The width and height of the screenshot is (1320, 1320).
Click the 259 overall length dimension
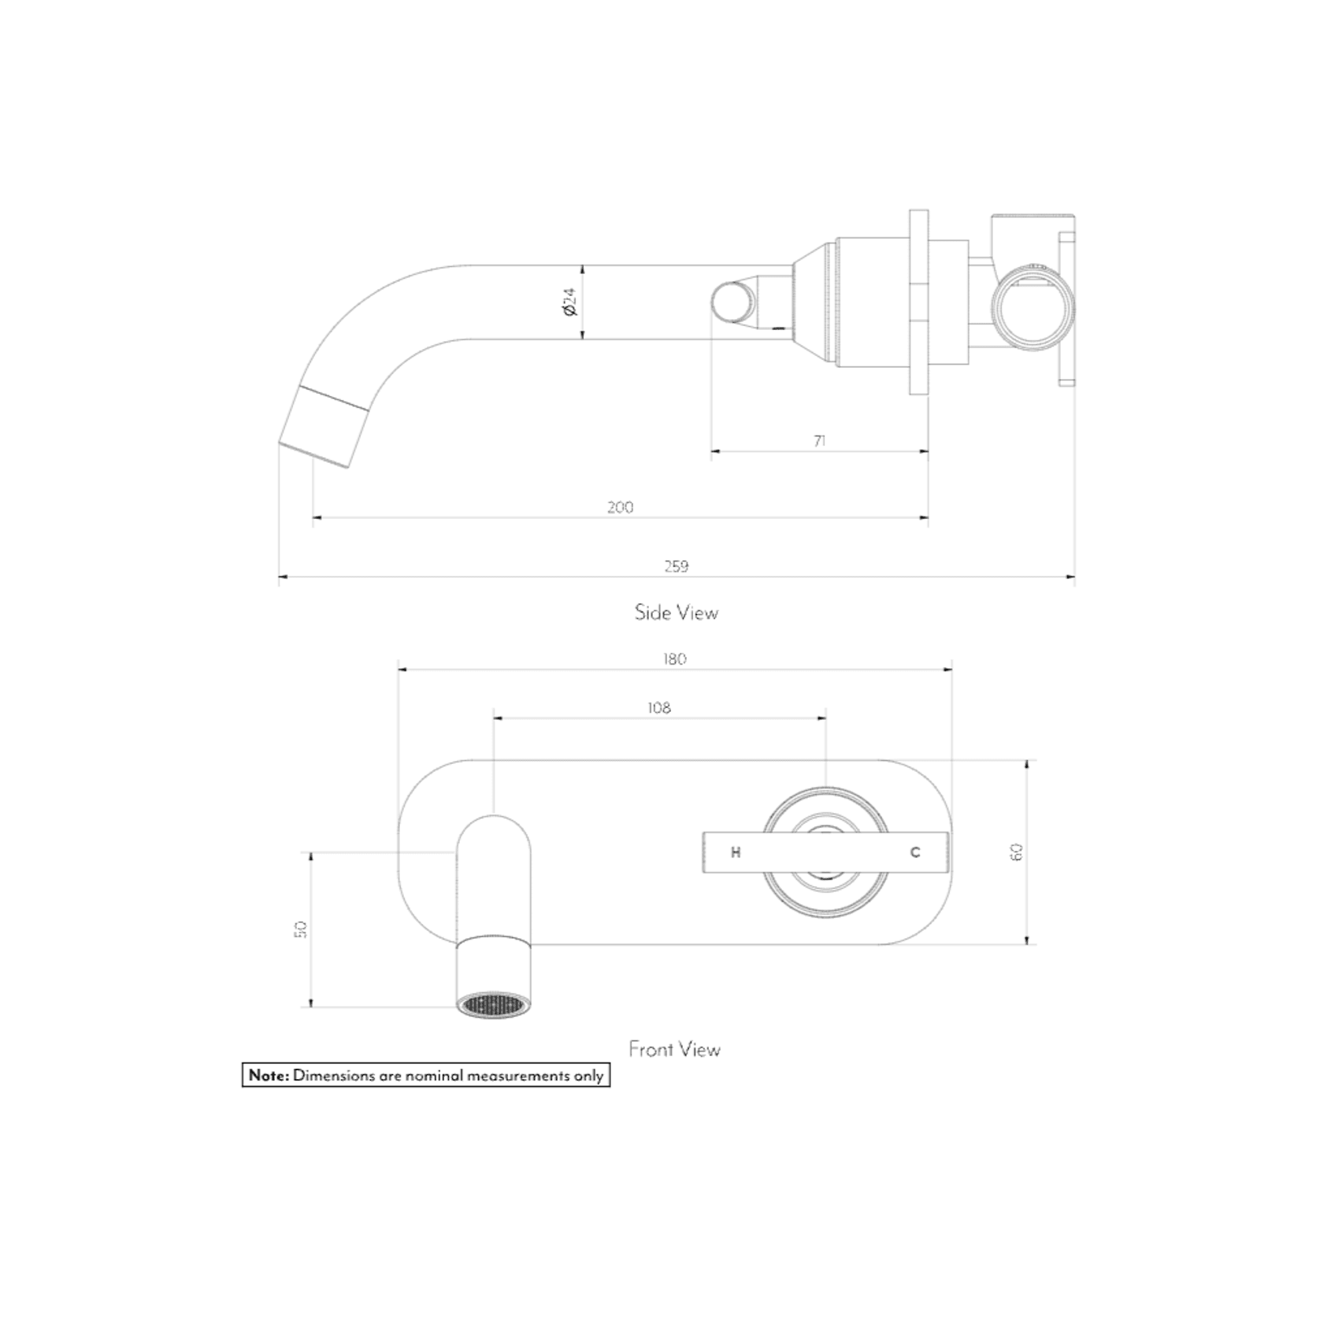(676, 565)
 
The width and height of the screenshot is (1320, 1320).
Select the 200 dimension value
(620, 507)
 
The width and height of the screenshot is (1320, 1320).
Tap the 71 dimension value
(819, 441)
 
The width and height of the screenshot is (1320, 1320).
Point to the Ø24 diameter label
(570, 302)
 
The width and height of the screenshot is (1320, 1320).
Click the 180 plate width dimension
(674, 659)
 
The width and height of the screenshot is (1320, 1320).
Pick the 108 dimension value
(658, 708)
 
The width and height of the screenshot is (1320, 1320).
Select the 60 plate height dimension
(1016, 852)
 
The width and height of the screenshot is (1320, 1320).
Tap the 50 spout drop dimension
(299, 929)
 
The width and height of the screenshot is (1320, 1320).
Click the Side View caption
(676, 613)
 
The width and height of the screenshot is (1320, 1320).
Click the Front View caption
(674, 1049)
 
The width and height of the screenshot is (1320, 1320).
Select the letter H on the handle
(736, 852)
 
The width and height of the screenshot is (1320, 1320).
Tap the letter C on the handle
(914, 852)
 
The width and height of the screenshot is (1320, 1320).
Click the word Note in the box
(269, 1075)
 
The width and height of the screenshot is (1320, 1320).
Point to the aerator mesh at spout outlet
(493, 1006)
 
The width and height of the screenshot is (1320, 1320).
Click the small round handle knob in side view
(732, 302)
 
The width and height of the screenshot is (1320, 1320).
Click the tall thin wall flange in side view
(918, 302)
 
